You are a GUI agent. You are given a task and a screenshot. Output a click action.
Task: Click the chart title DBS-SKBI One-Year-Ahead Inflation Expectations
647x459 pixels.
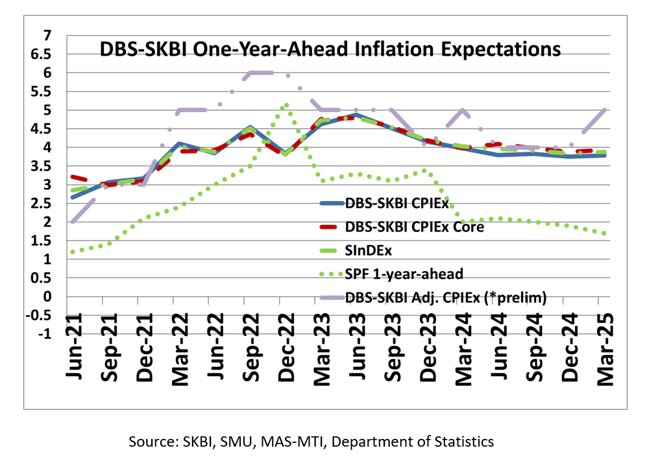(330, 49)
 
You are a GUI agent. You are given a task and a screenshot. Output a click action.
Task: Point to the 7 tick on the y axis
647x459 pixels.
(46, 36)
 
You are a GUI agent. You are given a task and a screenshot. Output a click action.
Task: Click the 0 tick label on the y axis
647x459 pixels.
(46, 296)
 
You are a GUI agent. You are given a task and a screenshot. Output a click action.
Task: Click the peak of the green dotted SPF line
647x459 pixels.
(286, 104)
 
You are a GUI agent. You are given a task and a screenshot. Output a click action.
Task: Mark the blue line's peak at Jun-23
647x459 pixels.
(356, 115)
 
